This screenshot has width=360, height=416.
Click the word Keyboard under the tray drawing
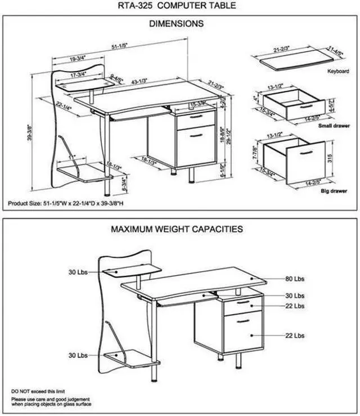pos(339,72)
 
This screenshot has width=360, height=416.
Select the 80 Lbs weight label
pos(295,279)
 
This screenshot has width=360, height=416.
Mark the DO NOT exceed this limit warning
pos(37,390)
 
